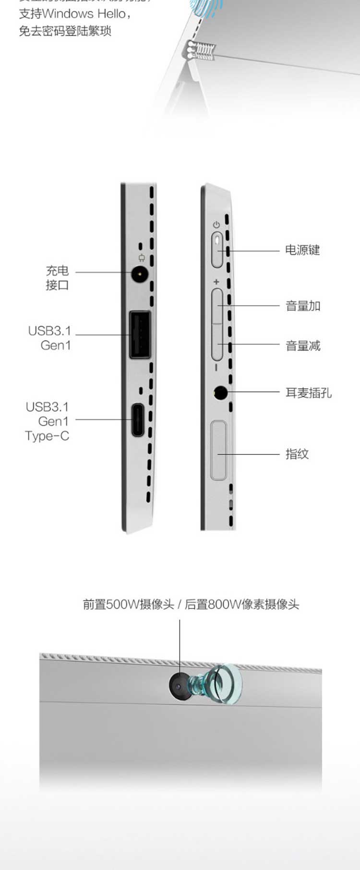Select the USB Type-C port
(x=138, y=420)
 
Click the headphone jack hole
(x=221, y=393)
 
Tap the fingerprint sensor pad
(x=218, y=450)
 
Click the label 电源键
(x=302, y=250)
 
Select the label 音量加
(x=303, y=306)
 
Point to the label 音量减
(x=303, y=346)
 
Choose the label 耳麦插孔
(x=309, y=393)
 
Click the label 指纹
(x=297, y=454)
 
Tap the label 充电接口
(x=57, y=278)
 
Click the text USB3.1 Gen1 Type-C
(x=48, y=421)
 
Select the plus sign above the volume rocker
(x=216, y=282)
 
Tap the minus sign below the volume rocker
(x=216, y=368)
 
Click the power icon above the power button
(x=216, y=225)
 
